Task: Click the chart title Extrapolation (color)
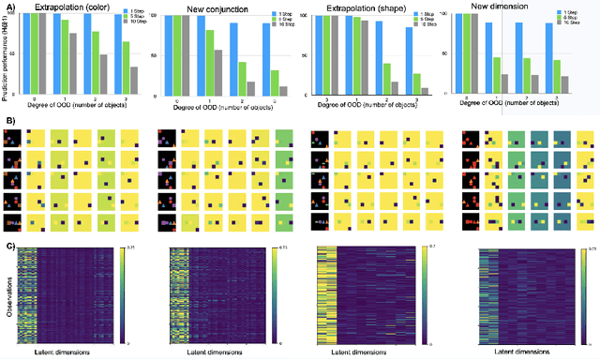pyautogui.click(x=65, y=7)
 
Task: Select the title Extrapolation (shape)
pyautogui.click(x=357, y=7)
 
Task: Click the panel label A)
pyautogui.click(x=8, y=5)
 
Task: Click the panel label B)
pyautogui.click(x=8, y=121)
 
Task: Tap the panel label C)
pyautogui.click(x=8, y=246)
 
